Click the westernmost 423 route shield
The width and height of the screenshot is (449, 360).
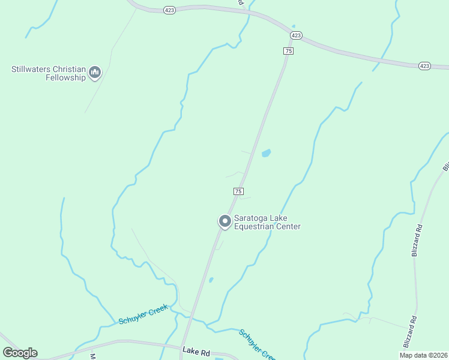click(170, 10)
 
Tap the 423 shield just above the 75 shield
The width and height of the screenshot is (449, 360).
click(296, 35)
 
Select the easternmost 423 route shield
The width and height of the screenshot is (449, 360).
click(425, 65)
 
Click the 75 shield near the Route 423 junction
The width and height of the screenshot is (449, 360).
click(289, 51)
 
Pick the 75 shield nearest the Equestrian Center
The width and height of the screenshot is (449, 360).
click(238, 191)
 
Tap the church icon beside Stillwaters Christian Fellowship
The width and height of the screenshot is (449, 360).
click(94, 73)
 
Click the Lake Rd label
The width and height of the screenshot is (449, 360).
click(196, 351)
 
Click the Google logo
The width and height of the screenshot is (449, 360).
click(20, 353)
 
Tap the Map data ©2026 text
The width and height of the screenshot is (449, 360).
click(423, 355)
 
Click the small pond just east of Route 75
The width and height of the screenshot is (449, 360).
click(265, 154)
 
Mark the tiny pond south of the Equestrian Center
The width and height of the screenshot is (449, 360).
click(211, 280)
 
